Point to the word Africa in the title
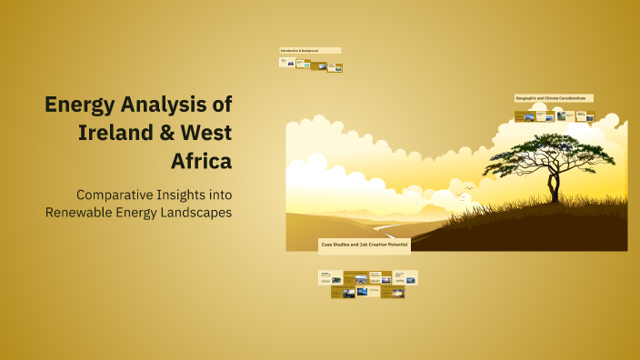point(201,161)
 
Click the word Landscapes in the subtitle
point(192,212)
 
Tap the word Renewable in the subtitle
point(80,212)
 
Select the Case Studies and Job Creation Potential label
point(364,245)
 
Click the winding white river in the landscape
point(382,227)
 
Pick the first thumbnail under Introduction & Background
point(286,62)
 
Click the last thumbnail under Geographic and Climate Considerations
point(588,116)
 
